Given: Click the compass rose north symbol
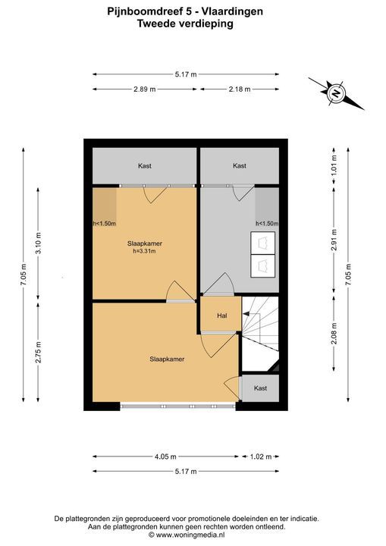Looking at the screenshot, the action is (x=336, y=93).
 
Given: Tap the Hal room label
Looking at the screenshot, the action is (x=222, y=315).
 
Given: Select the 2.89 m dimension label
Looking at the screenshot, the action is (x=145, y=89).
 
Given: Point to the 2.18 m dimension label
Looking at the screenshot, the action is (x=240, y=89).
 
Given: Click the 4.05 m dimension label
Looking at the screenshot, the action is (x=165, y=457).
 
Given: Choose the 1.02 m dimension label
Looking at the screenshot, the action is (x=261, y=457).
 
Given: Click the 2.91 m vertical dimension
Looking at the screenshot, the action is (x=334, y=240).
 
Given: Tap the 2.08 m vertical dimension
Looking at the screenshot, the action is (x=334, y=333).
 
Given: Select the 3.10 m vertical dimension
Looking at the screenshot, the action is (x=38, y=243).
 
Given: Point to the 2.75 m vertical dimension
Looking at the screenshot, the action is (x=38, y=352).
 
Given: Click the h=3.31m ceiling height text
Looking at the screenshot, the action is (x=144, y=251).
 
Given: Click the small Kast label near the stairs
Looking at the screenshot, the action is (x=260, y=388).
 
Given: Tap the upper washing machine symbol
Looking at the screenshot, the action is (x=263, y=243).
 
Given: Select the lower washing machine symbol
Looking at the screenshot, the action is (x=263, y=265).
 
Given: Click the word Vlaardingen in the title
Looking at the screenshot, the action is (x=233, y=11).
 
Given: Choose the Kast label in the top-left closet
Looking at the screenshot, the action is (x=145, y=166).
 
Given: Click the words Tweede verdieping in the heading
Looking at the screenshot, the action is (x=185, y=24).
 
